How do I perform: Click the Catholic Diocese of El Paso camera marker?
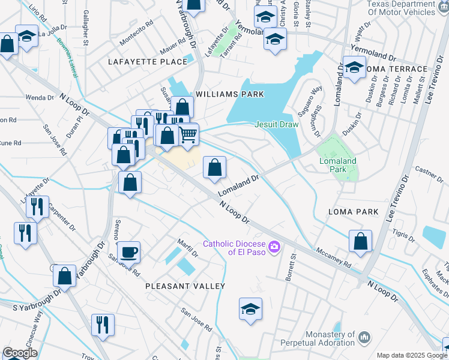coord(275,247)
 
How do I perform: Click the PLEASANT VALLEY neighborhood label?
coord(185,286)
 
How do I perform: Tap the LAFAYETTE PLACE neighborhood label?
coord(148,62)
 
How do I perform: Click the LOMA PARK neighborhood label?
coord(353,212)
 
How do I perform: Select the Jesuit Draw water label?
coord(276,124)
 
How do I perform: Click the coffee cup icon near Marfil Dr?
coord(128,251)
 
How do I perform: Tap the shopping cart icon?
coord(188,134)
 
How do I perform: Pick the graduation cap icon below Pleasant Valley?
coord(251,308)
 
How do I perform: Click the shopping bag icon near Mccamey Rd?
coord(360,241)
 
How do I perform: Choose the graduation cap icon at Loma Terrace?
coord(354,67)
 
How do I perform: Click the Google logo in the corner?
coord(20,353)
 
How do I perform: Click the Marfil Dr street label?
coord(187,242)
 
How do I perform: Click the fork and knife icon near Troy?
coord(103,325)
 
